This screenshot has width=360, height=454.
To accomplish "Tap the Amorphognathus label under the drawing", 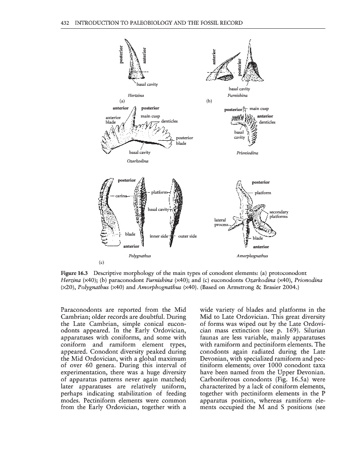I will [251, 256].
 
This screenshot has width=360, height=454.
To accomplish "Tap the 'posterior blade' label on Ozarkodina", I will [184, 140].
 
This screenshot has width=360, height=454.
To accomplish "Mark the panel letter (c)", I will [101, 262].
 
